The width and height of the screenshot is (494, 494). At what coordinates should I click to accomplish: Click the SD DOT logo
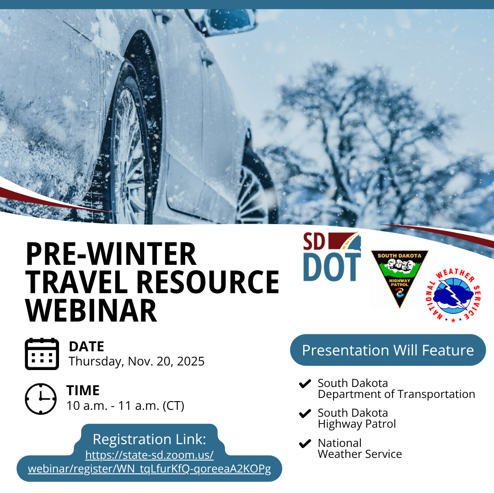[332, 257]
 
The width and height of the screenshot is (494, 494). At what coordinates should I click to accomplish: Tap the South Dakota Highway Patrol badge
[399, 277]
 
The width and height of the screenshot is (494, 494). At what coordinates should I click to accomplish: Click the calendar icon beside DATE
[42, 354]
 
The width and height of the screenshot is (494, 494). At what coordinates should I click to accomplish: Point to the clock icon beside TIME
[41, 399]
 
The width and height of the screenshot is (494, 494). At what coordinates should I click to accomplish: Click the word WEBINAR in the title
[91, 310]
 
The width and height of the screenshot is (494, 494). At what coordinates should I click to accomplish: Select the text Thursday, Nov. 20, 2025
[136, 361]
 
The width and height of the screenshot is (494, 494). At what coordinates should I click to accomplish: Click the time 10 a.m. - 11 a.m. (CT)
[125, 406]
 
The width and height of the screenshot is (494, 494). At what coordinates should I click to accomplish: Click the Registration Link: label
[150, 440]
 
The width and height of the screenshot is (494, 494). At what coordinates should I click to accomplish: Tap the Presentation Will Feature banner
[388, 350]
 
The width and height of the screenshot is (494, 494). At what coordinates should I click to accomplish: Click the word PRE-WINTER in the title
[111, 254]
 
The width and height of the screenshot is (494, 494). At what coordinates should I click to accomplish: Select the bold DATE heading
[86, 346]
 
